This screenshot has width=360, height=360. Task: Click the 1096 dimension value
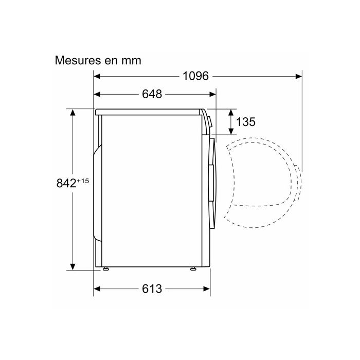pos(195,76)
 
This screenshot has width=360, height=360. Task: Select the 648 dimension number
pos(152,94)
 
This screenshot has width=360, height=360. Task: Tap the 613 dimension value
pos(152,289)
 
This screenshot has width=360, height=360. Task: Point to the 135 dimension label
pos(246,122)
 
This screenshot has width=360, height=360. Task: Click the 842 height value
pos(66,183)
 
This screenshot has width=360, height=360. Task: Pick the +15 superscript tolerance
pos(83,181)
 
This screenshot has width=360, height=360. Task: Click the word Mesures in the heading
pos(78,61)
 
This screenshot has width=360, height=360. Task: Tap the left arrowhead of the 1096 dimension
pos(97,76)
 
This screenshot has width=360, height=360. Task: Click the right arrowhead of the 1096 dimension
pos(299,76)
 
